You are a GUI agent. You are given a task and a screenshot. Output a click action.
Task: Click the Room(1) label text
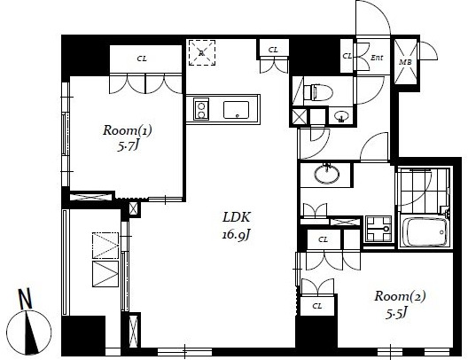pyautogui.click(x=128, y=130)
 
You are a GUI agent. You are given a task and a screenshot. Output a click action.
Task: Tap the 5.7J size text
pyautogui.click(x=129, y=146)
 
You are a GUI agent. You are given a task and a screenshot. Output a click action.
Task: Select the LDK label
pyautogui.click(x=236, y=217)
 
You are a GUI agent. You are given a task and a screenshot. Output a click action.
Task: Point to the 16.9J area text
pyautogui.click(x=236, y=235)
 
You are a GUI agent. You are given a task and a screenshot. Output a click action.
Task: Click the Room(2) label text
pyautogui.click(x=400, y=296)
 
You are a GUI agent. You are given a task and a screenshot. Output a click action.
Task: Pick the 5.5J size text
pyautogui.click(x=396, y=313)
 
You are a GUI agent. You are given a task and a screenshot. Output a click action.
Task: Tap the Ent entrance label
pyautogui.click(x=377, y=58)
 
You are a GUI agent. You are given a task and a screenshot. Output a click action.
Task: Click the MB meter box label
pyautogui.click(x=406, y=62)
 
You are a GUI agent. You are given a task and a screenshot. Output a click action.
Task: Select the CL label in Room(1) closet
pyautogui.click(x=142, y=59)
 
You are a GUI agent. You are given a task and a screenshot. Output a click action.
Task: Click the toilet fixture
pyautogui.click(x=318, y=92)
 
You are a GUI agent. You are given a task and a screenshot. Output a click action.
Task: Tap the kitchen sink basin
pyautogui.click(x=236, y=110)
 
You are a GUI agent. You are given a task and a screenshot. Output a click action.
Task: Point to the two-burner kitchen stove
pyautogui.click(x=201, y=109)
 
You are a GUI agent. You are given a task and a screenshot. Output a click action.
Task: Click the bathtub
pyautogui.click(x=425, y=231)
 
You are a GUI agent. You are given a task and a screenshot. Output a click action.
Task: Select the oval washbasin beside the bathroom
pyautogui.click(x=326, y=174)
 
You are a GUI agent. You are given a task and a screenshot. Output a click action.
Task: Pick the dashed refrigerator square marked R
pyautogui.click(x=202, y=53)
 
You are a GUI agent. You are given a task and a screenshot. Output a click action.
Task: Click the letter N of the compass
pyautogui.click(x=25, y=299)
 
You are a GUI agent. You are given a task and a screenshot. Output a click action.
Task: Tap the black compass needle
pyautogui.click(x=31, y=332)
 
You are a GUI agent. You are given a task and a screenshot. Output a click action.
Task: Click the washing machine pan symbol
pyautogui.click(x=378, y=229)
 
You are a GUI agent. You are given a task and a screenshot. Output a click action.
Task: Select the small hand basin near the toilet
pyautogui.click(x=340, y=116)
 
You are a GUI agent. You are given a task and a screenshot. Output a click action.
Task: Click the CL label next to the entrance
pyautogui.click(x=347, y=56)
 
